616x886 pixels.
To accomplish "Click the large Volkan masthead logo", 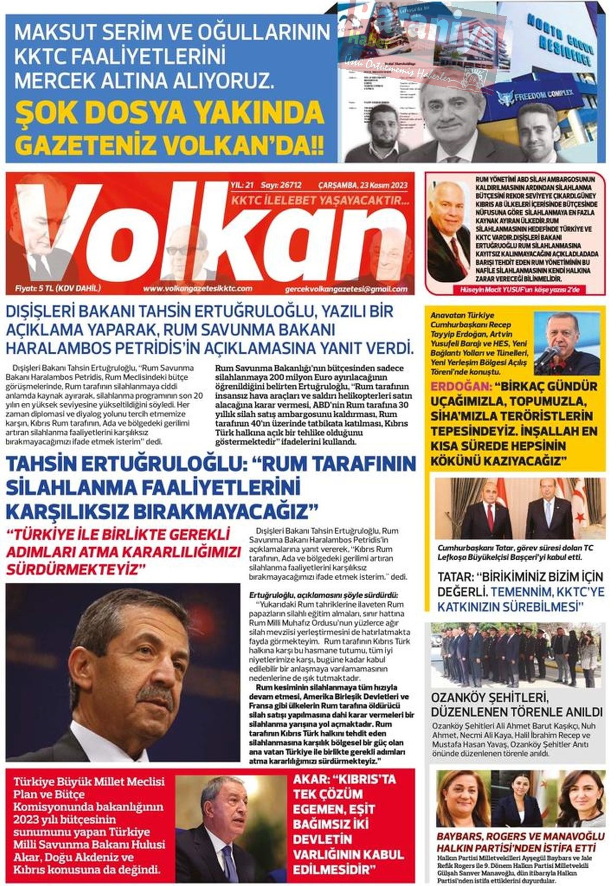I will (x=208, y=235).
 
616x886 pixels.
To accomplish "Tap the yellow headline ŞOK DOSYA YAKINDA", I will (x=169, y=112).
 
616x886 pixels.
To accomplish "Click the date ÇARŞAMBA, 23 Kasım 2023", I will (x=363, y=185).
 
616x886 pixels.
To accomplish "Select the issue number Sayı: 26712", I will (x=281, y=185).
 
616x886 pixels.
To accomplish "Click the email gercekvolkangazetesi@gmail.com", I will (x=347, y=289).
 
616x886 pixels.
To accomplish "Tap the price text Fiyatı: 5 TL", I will (x=58, y=288).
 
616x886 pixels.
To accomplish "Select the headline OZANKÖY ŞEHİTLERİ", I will (x=490, y=697).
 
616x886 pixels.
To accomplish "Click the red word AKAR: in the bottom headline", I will (x=313, y=780).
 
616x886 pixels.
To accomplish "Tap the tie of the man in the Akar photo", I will (x=229, y=860).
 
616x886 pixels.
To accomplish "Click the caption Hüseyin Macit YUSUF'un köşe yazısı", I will (x=515, y=290).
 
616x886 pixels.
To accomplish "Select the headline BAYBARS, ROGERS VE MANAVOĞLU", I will (x=520, y=836).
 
